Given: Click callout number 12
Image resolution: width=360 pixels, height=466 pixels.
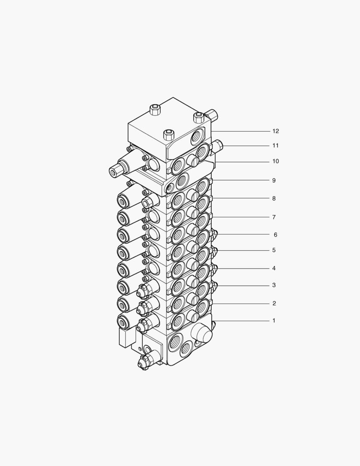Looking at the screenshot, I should (x=275, y=131).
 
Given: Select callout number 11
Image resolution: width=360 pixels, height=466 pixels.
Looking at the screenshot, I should (x=275, y=146).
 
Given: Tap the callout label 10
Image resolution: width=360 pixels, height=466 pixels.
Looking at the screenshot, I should (x=275, y=161).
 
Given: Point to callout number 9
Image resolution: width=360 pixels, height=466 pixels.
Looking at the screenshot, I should (x=273, y=181).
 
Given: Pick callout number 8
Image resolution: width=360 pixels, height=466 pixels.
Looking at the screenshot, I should (x=273, y=199).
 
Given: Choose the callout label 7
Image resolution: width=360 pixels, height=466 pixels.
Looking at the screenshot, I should (x=273, y=217).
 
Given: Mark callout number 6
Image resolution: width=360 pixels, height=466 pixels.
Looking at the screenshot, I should (x=275, y=235).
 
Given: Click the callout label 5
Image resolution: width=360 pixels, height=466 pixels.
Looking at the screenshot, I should (x=273, y=250).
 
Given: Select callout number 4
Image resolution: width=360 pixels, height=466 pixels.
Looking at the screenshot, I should (x=273, y=268).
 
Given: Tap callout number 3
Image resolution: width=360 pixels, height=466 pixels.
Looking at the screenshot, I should (x=273, y=285).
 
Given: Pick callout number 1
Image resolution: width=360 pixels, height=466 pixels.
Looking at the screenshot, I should (x=273, y=321).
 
